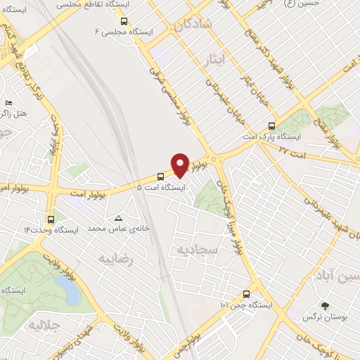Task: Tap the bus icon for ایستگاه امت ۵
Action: click(160, 176)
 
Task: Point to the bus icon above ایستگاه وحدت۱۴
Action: click(51, 219)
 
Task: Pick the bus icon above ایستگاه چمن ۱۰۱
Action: click(246, 294)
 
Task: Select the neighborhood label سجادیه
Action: click(198, 249)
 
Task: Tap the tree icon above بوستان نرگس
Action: click(325, 306)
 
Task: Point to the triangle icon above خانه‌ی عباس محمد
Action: click(117, 217)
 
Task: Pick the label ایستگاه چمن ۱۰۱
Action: click(245, 305)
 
